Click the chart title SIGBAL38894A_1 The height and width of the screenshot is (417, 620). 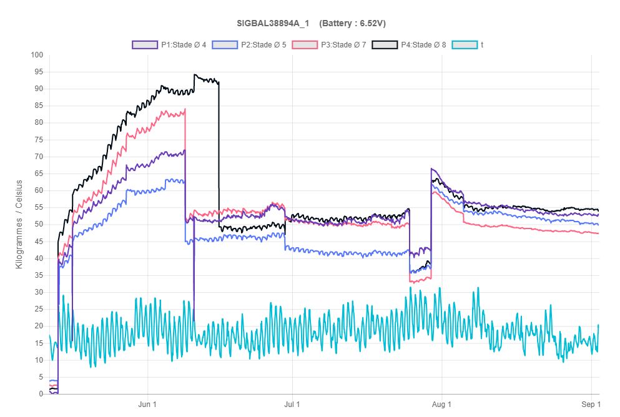[272, 24]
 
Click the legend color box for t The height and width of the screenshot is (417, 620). [465, 45]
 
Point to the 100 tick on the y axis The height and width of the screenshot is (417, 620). [36, 55]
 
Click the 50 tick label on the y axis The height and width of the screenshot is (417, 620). [38, 224]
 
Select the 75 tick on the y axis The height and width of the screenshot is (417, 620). [38, 140]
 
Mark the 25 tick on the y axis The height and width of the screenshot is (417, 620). [38, 309]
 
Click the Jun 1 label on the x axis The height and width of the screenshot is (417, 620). [147, 405]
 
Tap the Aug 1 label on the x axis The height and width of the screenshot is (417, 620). [441, 405]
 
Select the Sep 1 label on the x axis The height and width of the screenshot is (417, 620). [591, 405]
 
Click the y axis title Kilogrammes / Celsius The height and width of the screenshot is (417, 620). [19, 224]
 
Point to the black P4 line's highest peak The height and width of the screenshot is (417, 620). [195, 75]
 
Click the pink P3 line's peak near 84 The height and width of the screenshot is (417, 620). [185, 110]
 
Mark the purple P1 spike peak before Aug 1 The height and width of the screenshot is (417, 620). [431, 169]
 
